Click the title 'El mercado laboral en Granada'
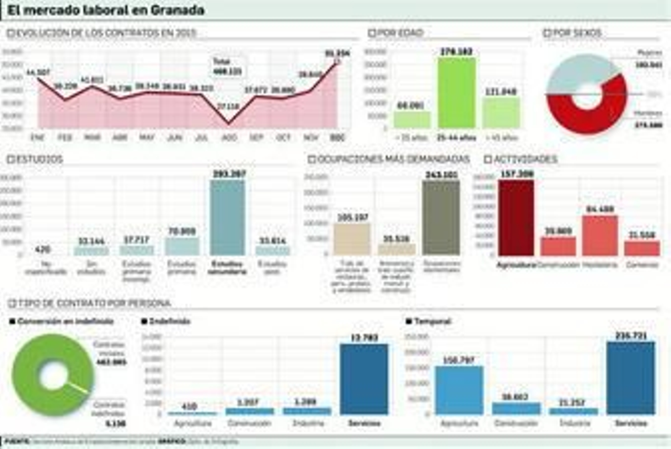(106, 10)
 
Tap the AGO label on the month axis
(229, 138)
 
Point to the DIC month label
(338, 138)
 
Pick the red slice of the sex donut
(587, 113)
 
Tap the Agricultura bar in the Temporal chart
(459, 390)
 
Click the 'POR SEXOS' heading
(577, 33)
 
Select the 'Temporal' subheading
(432, 321)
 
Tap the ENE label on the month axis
(38, 138)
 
